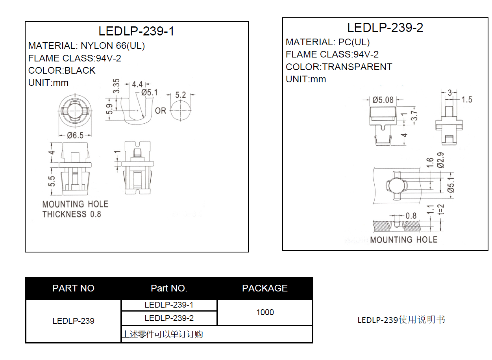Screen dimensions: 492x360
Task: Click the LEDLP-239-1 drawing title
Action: point(136,31)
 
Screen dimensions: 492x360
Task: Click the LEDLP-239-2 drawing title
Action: point(385,28)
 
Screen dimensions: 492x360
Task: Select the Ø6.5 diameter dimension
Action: point(75,135)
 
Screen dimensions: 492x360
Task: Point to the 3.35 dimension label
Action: point(116,86)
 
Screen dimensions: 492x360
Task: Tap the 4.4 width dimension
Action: point(137,84)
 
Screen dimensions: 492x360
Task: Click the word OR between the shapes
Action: point(160,111)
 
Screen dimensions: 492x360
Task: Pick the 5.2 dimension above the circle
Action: point(181,95)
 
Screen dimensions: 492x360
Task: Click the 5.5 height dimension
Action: point(52,181)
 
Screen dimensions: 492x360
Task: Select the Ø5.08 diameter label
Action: point(383,100)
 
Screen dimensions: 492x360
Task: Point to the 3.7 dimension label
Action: point(414,116)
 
